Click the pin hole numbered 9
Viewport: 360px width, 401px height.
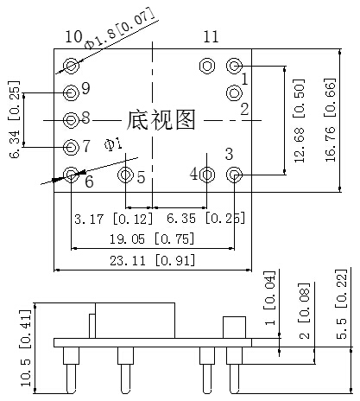(71, 92)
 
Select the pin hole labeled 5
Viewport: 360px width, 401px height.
(125, 175)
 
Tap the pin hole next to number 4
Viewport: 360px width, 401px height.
(207, 175)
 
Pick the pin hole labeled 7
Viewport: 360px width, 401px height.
(71, 147)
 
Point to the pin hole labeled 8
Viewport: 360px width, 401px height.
(71, 120)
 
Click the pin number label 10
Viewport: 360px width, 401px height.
(74, 36)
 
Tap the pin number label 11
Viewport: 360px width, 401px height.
(212, 36)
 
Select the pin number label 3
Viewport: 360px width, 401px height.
(229, 154)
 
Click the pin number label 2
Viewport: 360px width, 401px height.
(244, 109)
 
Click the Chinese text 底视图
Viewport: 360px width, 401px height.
(161, 120)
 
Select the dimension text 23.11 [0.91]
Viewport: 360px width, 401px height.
(153, 261)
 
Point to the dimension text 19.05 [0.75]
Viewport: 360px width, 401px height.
(152, 239)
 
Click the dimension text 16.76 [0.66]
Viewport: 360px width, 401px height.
(331, 119)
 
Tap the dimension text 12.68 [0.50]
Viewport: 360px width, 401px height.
(300, 120)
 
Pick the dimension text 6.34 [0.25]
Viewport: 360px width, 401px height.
(15, 119)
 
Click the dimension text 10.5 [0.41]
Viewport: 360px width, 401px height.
(25, 348)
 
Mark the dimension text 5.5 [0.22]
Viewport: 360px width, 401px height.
(342, 304)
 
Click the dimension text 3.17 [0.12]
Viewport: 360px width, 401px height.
(114, 219)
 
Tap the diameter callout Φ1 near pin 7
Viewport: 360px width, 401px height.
(113, 144)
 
